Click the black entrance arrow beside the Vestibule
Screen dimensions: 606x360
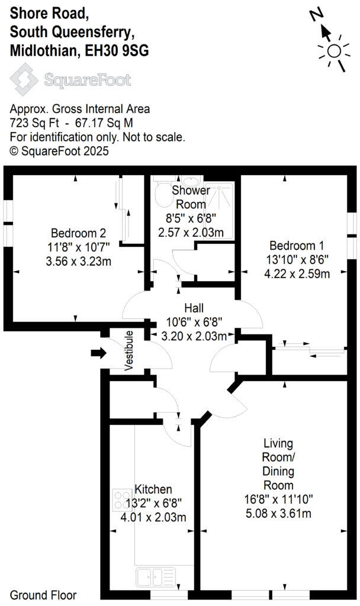(98, 353)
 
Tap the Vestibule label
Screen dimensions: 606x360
(129, 353)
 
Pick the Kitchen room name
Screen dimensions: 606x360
(153, 489)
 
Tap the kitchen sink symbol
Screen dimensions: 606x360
(155, 575)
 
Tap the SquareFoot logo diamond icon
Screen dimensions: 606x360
(22, 80)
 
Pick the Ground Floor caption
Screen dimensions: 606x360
(43, 595)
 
